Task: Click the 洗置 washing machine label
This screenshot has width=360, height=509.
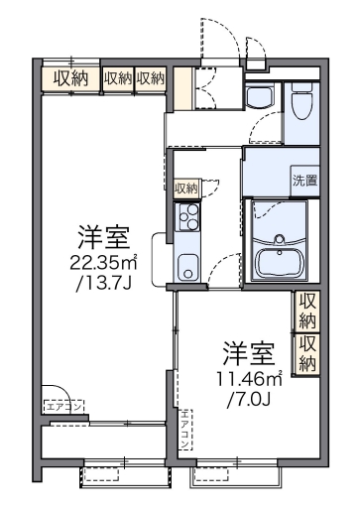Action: point(305,181)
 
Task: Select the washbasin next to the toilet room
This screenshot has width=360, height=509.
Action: point(260,98)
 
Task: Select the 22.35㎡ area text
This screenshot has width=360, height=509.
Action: point(102,263)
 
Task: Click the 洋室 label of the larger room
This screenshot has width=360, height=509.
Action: point(103,238)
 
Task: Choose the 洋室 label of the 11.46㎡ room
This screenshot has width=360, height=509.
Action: point(248,352)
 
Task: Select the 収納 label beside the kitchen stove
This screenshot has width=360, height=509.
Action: point(185,189)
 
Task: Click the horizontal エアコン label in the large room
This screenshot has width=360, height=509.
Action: point(63,405)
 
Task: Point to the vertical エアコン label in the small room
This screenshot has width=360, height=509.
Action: point(184,427)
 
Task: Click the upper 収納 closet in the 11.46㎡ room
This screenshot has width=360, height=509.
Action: point(308,311)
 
